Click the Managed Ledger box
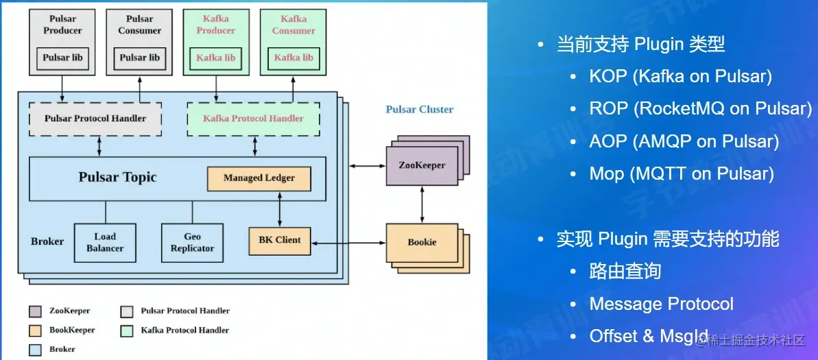(x=258, y=178)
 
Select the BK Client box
(x=279, y=240)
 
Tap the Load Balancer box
(x=105, y=242)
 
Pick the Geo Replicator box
(x=192, y=242)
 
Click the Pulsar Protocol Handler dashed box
(x=95, y=119)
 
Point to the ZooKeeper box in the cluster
(x=421, y=165)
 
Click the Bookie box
(x=422, y=242)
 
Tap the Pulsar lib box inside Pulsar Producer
(x=62, y=58)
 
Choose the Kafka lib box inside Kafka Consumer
(x=293, y=58)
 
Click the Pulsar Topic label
(x=117, y=178)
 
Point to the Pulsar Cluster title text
(x=419, y=109)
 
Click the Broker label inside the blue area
(x=47, y=241)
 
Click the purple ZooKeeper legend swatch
(x=36, y=311)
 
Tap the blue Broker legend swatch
(x=36, y=350)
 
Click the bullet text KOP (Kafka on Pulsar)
(x=680, y=76)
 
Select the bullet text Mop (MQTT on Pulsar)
(x=681, y=173)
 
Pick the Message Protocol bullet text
(x=661, y=304)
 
